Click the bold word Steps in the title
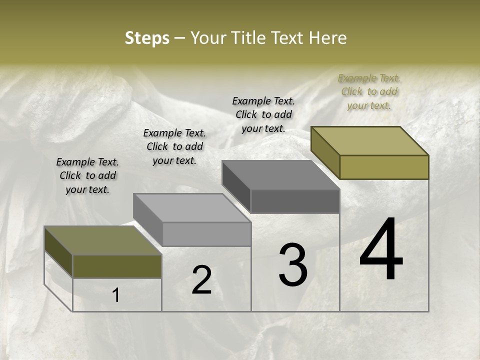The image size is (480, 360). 146,38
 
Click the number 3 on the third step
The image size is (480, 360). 293,264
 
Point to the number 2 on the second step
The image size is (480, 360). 201,280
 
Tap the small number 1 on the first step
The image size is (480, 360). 115,295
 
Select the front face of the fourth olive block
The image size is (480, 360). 384,167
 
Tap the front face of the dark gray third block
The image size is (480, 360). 295,201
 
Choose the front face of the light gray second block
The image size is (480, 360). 206,234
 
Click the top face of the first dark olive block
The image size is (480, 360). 103,240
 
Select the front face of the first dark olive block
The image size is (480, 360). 117,266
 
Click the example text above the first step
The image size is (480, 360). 87,175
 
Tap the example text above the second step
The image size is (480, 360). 174,146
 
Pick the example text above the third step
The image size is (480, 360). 263,114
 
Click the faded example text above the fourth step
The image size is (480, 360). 369,91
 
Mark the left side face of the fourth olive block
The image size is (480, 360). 325,152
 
